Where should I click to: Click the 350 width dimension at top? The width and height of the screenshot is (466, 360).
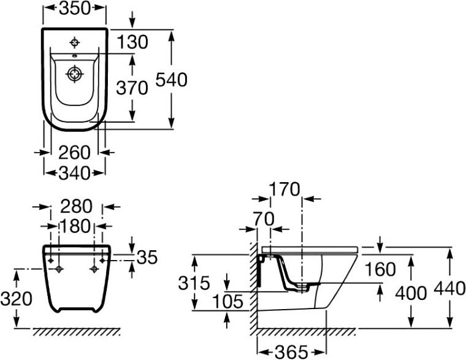click(x=74, y=9)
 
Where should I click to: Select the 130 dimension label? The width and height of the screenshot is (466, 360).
click(x=132, y=42)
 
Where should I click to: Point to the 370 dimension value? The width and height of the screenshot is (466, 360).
click(x=132, y=88)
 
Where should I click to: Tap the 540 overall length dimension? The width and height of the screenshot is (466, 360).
click(x=172, y=80)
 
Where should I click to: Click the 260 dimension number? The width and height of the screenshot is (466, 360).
click(x=74, y=153)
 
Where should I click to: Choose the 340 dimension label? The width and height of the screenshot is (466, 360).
click(x=74, y=173)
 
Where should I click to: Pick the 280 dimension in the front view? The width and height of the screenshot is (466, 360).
click(x=77, y=206)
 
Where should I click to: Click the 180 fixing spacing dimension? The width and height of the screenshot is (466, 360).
click(x=75, y=226)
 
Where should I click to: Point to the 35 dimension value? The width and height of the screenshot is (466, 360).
click(x=147, y=258)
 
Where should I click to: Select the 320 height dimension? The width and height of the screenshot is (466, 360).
click(x=16, y=299)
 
